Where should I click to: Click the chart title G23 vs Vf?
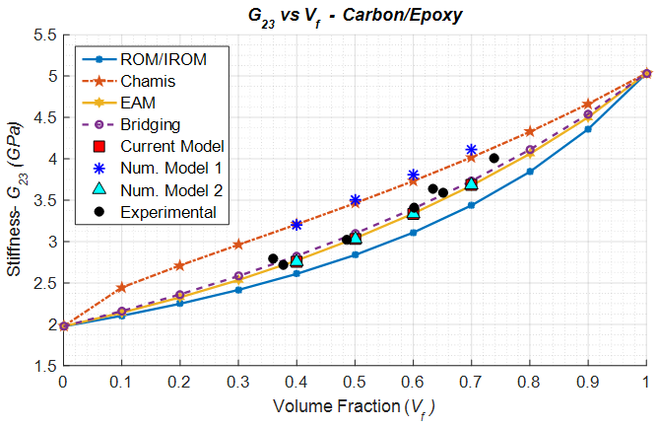point(354,16)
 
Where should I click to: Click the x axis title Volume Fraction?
point(354,406)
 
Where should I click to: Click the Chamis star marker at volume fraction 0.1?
point(121,287)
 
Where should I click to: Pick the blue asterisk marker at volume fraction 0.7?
point(471,150)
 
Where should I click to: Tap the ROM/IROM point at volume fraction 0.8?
point(530,172)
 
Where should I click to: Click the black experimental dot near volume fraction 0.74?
point(493,158)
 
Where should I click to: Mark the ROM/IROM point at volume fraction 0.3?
point(237,290)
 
